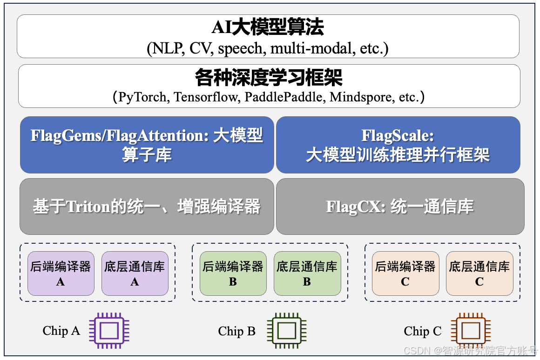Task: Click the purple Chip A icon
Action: (109, 331)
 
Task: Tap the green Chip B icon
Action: (286, 331)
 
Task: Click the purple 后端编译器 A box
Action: (61, 273)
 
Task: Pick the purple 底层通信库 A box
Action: (135, 273)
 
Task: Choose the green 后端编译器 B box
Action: (233, 273)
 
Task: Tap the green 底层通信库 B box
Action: (307, 273)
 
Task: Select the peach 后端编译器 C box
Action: (405, 273)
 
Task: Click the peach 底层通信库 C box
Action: (479, 273)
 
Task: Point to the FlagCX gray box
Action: (400, 207)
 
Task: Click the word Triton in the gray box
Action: (88, 207)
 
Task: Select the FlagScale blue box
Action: (398, 145)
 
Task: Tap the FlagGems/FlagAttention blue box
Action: (147, 145)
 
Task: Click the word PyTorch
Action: (142, 97)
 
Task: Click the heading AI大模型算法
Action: (268, 28)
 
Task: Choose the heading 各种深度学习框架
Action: (269, 78)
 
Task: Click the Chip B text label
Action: (236, 331)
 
